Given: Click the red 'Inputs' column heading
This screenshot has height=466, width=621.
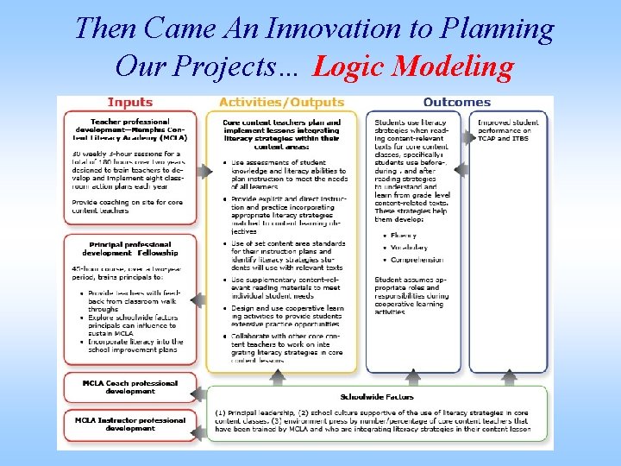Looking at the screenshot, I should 129,103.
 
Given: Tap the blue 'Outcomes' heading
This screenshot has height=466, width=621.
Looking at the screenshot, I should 456,103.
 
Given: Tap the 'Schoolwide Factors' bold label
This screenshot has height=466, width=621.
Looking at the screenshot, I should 377,397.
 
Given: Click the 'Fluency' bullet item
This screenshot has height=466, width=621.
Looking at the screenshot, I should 404,235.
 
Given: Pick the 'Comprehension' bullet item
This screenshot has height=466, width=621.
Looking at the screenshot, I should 417,259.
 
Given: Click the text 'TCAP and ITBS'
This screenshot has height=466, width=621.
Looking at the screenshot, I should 505,138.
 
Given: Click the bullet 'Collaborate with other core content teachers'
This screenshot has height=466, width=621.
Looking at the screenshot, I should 282,340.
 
